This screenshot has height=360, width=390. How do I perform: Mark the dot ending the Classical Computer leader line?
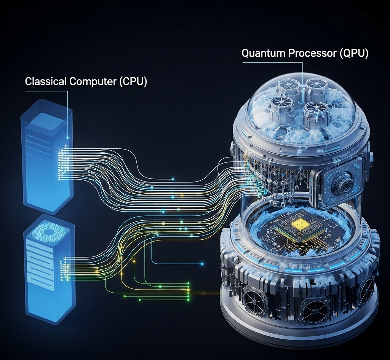pyautogui.click(x=67, y=137)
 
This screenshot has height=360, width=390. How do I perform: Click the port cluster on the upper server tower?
pyautogui.click(x=62, y=162)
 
